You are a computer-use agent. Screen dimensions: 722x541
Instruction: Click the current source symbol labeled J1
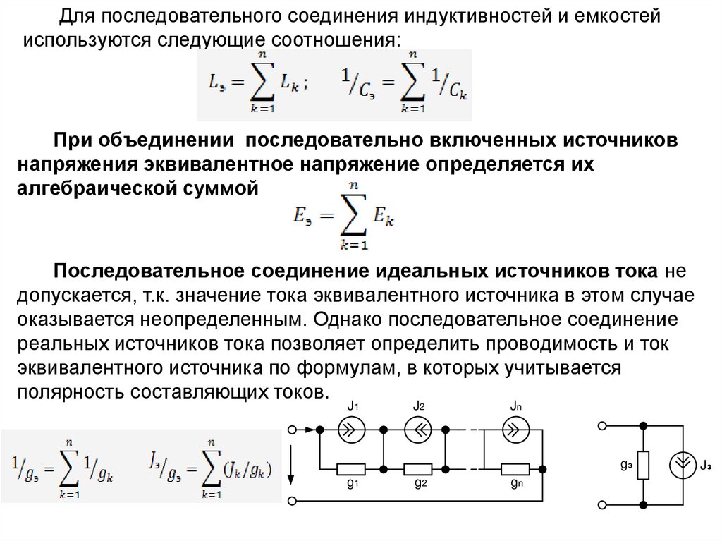pyautogui.click(x=350, y=429)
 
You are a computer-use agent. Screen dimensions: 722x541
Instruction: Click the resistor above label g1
pyautogui.click(x=350, y=468)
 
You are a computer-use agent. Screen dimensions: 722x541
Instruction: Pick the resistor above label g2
pyautogui.click(x=418, y=468)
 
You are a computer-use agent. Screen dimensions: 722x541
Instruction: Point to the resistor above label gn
pyautogui.click(x=515, y=468)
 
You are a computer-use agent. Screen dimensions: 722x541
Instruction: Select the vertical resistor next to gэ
pyautogui.click(x=643, y=465)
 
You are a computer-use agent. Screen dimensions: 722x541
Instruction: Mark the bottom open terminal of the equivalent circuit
pyautogui.click(x=601, y=504)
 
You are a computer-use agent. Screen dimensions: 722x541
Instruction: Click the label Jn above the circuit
pyautogui.click(x=515, y=407)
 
